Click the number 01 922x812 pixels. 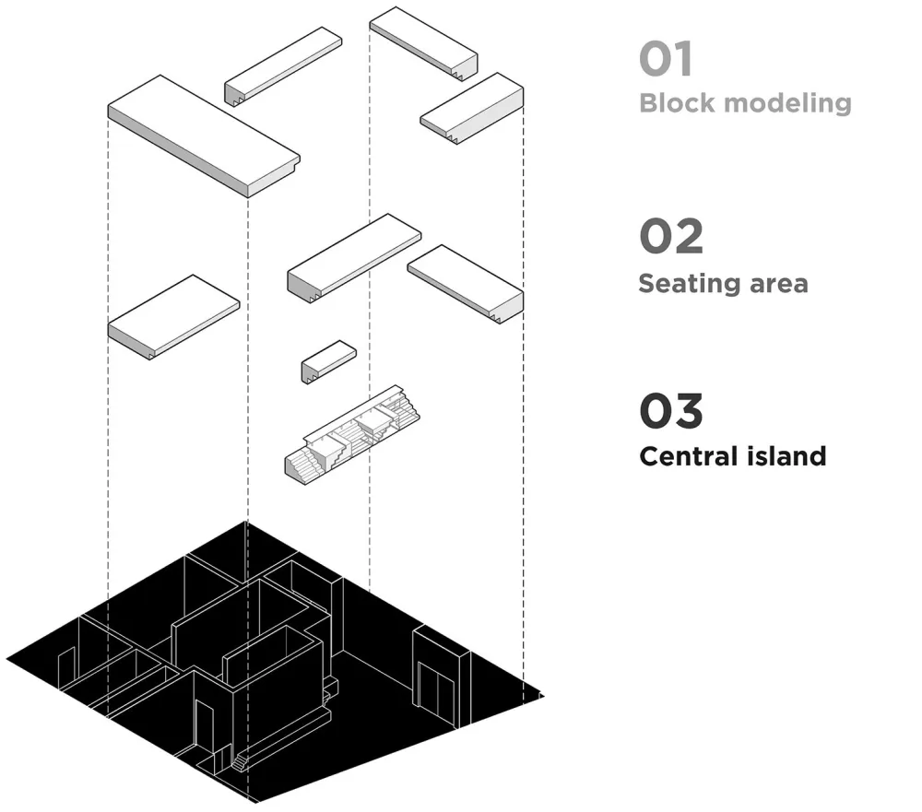665,59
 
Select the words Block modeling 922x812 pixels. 745,102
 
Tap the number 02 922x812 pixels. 670,237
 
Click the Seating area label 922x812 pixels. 723,282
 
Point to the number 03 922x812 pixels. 670,411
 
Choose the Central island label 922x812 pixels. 732,455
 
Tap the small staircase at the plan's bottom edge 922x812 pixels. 240,761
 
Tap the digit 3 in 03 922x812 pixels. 686,411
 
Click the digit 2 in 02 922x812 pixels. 686,237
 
